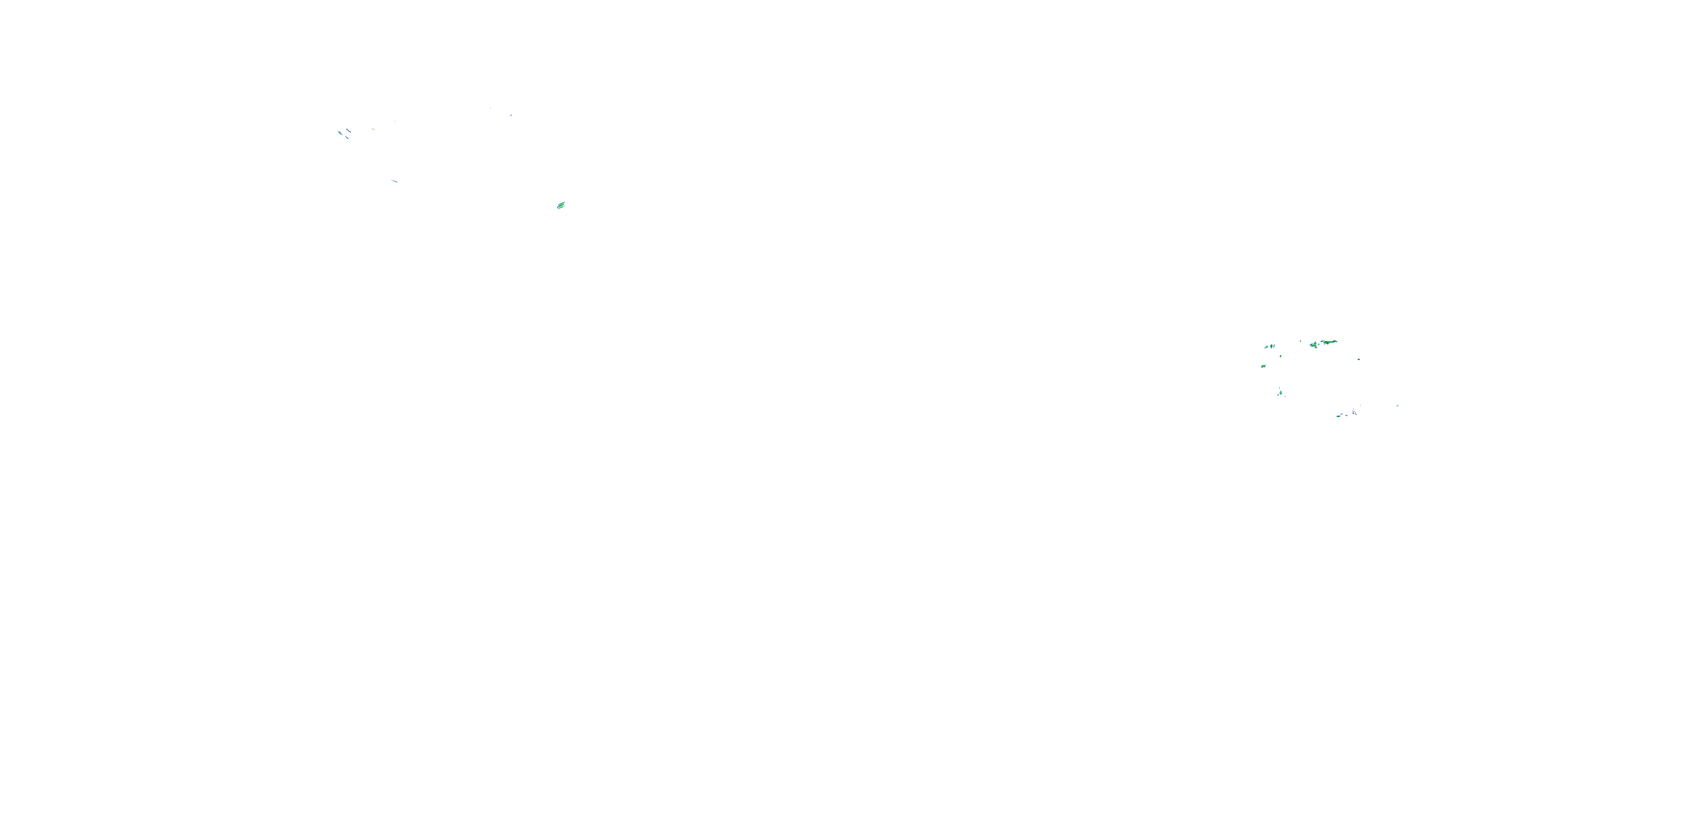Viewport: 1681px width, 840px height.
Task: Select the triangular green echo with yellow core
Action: (x=1313, y=345)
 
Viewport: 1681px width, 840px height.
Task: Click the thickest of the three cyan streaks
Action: (x=340, y=134)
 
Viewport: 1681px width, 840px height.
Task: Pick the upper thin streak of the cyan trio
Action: (x=349, y=130)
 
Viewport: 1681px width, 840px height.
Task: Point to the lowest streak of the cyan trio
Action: (x=348, y=138)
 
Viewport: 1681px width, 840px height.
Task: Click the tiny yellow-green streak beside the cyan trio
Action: (x=373, y=129)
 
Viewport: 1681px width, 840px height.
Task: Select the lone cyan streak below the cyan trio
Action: (x=393, y=181)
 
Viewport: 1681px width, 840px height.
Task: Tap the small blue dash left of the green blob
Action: (x=510, y=116)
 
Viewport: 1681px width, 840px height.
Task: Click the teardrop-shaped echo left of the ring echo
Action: (x=1266, y=347)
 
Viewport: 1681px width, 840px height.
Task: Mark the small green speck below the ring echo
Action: (x=1280, y=356)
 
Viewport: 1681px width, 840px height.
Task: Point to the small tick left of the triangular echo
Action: (x=1301, y=341)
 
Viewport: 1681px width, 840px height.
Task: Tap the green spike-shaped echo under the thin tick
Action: (x=1280, y=393)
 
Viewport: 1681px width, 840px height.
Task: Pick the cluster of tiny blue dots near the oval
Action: (x=1355, y=412)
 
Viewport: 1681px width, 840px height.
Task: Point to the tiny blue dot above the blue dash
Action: (x=490, y=108)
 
